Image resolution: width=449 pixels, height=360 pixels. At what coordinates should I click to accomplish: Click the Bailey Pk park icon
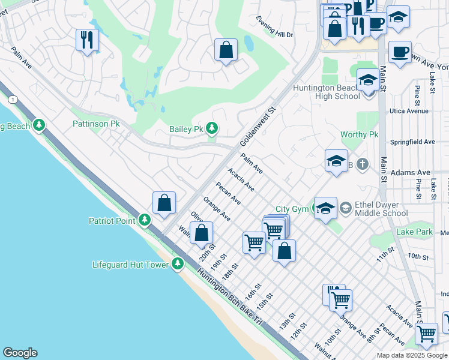[211, 128]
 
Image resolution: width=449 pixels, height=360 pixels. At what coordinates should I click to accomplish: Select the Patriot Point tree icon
[144, 221]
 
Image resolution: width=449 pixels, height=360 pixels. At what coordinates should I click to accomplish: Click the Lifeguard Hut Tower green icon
[177, 264]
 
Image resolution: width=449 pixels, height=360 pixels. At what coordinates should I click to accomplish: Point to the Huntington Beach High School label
[326, 92]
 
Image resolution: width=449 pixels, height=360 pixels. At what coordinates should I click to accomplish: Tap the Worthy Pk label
[359, 135]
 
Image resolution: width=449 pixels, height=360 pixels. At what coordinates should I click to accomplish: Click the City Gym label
[293, 209]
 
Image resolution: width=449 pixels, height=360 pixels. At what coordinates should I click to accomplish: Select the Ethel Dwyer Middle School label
[381, 208]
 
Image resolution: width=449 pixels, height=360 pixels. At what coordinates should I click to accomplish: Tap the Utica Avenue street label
[409, 111]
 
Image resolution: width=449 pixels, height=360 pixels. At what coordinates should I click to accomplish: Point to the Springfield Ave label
[412, 142]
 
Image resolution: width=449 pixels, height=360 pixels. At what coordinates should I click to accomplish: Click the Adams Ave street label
[410, 172]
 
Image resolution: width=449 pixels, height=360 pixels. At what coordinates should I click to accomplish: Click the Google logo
[20, 353]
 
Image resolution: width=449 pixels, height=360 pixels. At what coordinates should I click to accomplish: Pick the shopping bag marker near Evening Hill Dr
[226, 50]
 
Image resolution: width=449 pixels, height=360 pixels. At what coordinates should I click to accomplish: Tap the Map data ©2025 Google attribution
[411, 355]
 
